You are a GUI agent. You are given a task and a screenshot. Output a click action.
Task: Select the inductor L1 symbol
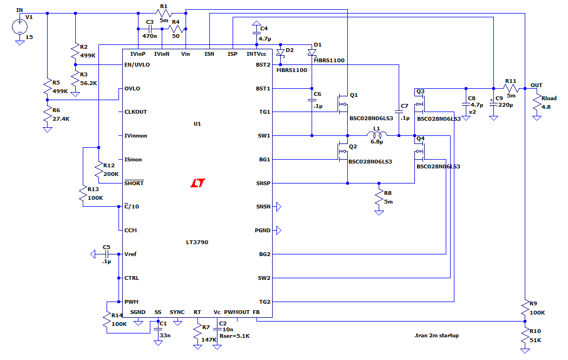[x=377, y=134]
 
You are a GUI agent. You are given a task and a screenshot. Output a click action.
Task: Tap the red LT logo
[x=198, y=183]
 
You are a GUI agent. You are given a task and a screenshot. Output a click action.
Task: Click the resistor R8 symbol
[x=379, y=198]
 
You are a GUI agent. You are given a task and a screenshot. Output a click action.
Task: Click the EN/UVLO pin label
[x=137, y=65]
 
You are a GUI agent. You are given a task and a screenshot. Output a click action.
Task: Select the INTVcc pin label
[x=256, y=54]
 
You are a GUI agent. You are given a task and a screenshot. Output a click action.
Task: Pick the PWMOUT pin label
[x=237, y=312]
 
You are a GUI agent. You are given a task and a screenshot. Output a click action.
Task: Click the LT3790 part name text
[x=197, y=242]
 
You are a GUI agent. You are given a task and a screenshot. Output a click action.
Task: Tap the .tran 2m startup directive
[x=437, y=335]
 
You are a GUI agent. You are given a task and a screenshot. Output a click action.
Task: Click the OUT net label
[x=537, y=85]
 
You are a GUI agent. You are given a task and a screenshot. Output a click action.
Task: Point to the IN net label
[x=19, y=10]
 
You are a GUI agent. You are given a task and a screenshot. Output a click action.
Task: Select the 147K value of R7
[x=209, y=339]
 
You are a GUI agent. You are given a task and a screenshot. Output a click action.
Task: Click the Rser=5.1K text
[x=234, y=336]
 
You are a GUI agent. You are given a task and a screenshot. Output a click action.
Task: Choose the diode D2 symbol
[x=280, y=53]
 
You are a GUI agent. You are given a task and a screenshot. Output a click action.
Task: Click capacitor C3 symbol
[x=150, y=29]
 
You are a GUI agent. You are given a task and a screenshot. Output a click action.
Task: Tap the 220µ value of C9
[x=506, y=105]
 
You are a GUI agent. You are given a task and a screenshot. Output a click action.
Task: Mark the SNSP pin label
[x=263, y=183]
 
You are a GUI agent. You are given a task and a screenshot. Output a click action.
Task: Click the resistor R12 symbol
[x=99, y=171]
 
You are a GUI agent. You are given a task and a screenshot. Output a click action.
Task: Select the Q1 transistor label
[x=354, y=95]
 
